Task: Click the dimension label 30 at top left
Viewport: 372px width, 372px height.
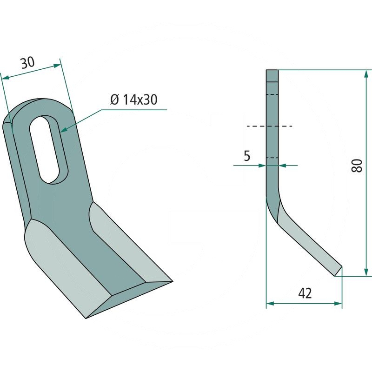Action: (x=28, y=63)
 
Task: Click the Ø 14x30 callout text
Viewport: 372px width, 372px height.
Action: (x=134, y=100)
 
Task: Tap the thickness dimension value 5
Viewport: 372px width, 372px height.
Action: (x=247, y=156)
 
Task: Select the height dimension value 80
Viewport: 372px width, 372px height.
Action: (x=357, y=166)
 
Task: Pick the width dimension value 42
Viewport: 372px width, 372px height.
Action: (x=305, y=293)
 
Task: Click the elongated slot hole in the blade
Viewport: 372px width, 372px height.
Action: (x=49, y=149)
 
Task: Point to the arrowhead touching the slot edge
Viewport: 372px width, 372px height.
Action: (x=63, y=130)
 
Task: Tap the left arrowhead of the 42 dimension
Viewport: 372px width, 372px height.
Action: (x=270, y=304)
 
